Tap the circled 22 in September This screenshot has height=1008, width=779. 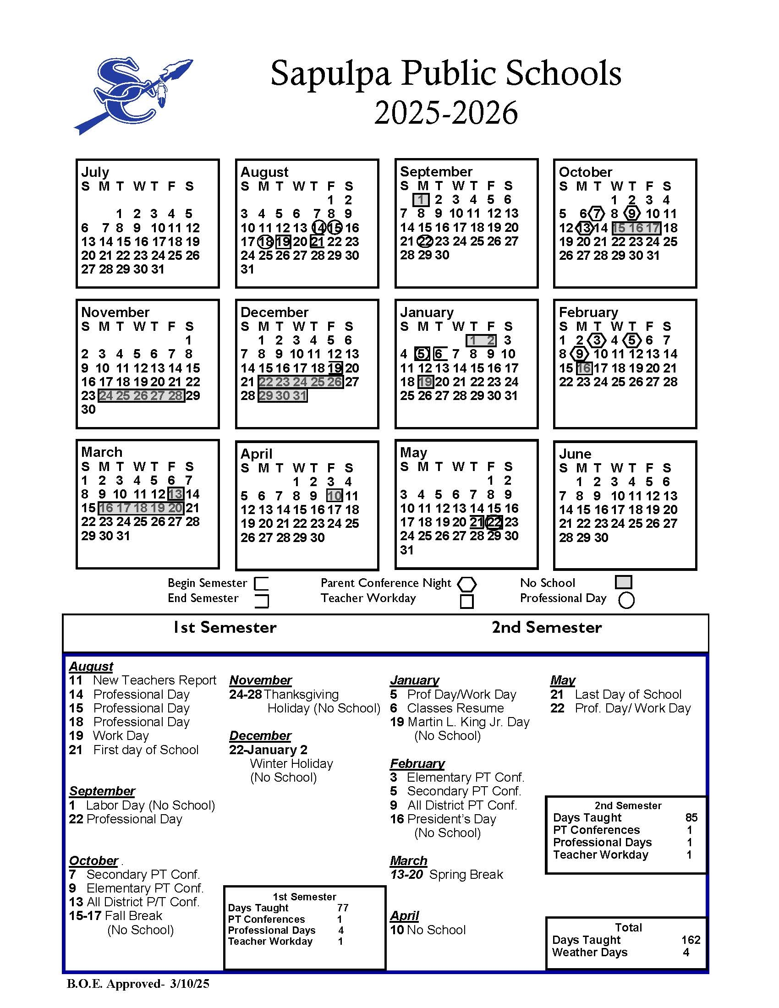coord(425,241)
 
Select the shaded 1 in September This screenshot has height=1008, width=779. coord(421,200)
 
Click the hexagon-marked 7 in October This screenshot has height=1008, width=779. coord(597,214)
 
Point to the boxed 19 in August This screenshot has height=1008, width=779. coord(282,242)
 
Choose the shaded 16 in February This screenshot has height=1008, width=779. coord(584,368)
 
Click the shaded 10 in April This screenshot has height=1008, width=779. coord(335,496)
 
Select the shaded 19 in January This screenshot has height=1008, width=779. coord(425,382)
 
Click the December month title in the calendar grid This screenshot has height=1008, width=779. coord(274,312)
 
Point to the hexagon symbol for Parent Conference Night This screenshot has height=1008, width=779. coord(466,584)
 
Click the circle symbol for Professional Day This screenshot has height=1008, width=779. coord(626,600)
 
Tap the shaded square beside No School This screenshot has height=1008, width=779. coord(623,582)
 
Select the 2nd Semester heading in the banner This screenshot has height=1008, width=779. coord(546,628)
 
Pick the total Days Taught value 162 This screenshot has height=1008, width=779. coord(691,940)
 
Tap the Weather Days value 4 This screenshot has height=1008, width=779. coord(686,953)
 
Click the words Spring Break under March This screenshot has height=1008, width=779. coord(466,875)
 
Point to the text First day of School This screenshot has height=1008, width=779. coord(146,750)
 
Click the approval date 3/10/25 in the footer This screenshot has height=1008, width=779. coord(190,984)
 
